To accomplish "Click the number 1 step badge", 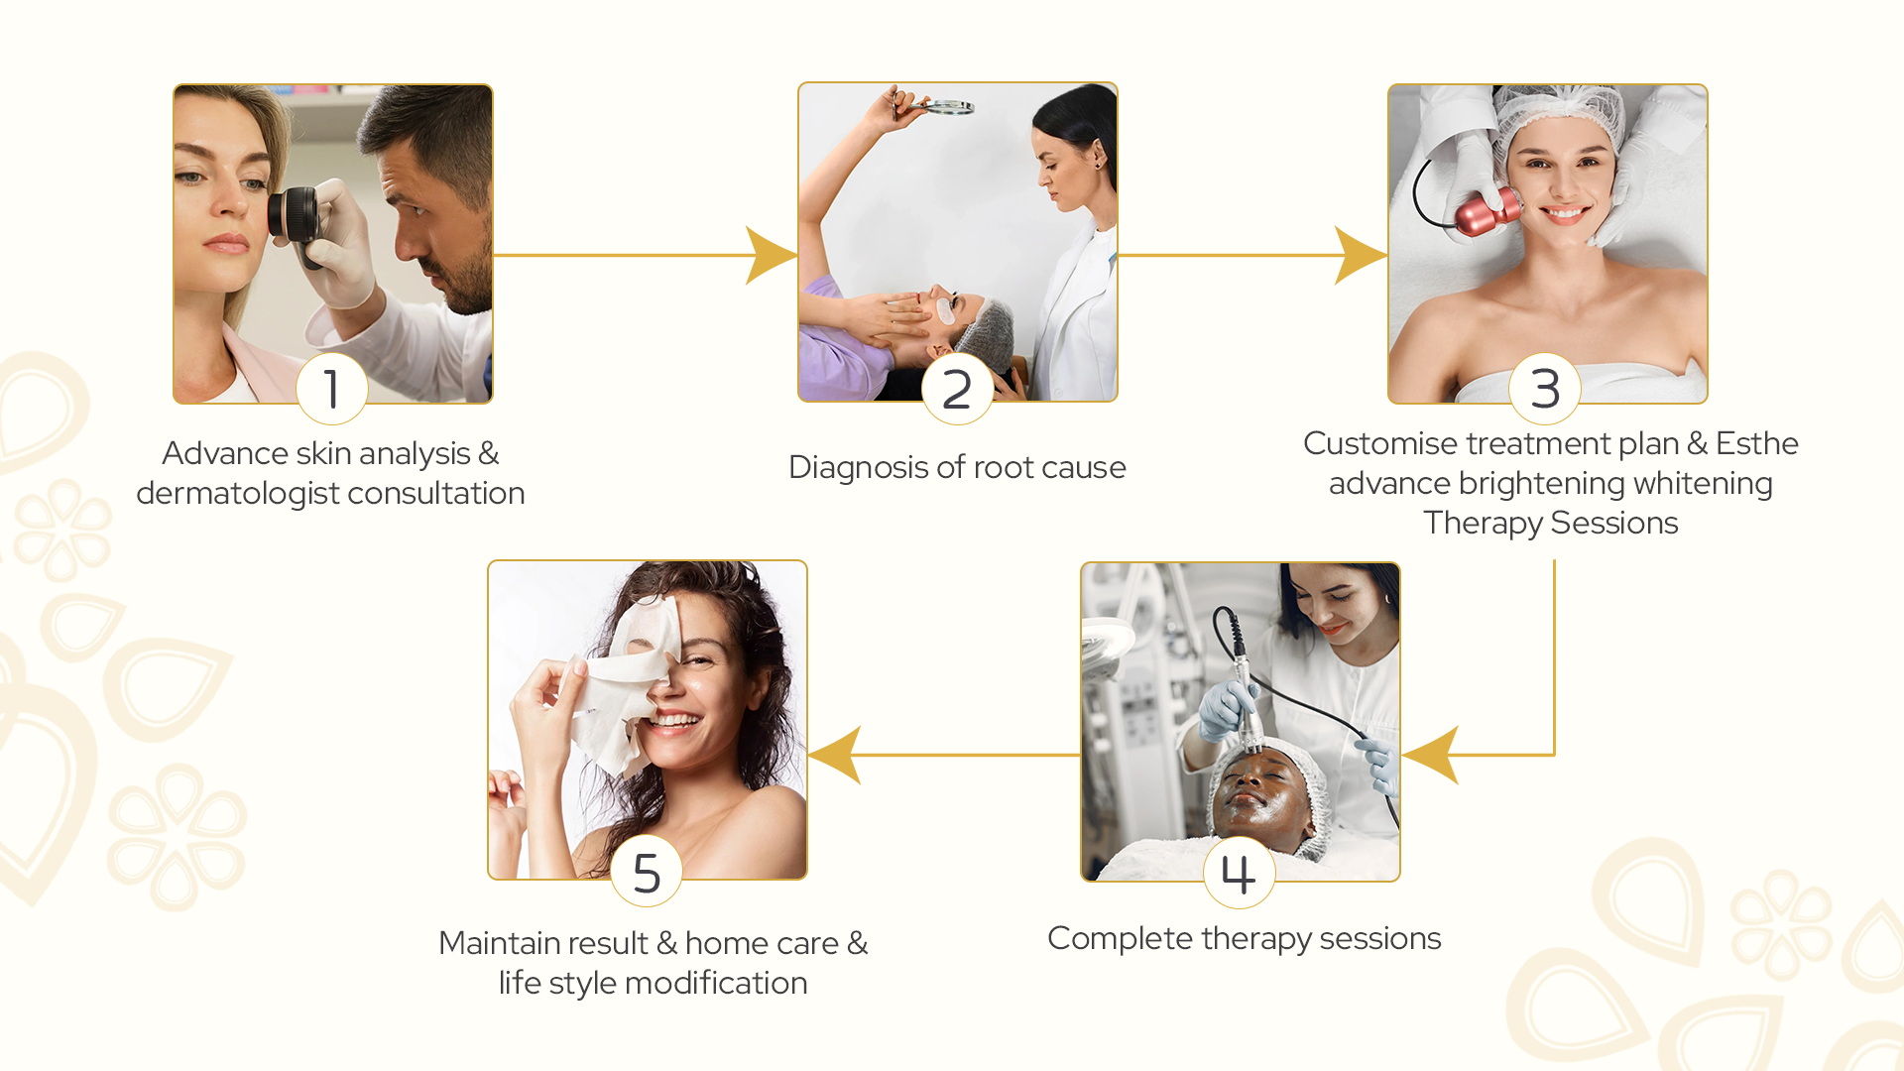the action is [x=332, y=389].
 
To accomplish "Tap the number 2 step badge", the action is [x=957, y=389].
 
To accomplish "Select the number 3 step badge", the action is [x=1545, y=389].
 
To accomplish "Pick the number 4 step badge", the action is [x=1239, y=873].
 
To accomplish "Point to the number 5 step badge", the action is [x=647, y=872].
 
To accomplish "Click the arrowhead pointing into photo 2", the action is [x=772, y=255].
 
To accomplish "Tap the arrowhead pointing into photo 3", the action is [x=1361, y=255].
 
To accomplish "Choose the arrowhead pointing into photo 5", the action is [x=835, y=755].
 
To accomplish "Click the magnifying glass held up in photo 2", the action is [x=942, y=106].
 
